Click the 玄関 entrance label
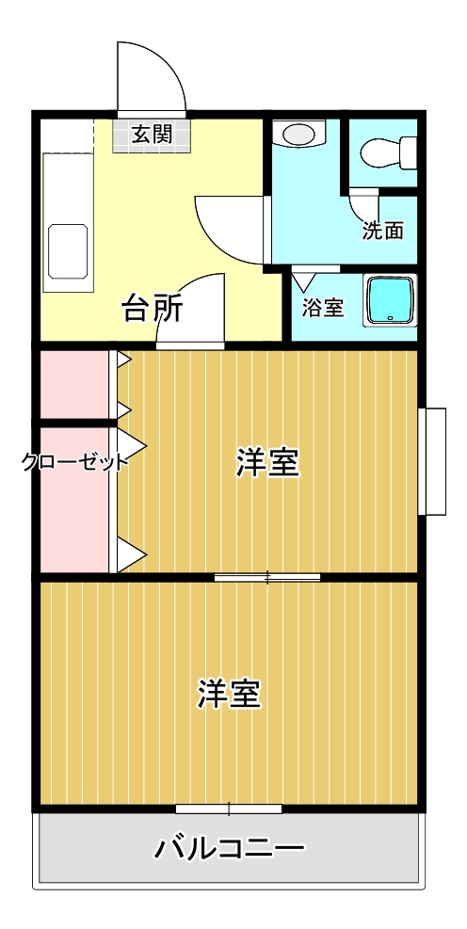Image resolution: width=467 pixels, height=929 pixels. [x=152, y=136]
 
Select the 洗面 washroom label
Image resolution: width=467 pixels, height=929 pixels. [x=383, y=231]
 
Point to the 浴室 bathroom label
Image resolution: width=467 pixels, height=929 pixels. [x=323, y=308]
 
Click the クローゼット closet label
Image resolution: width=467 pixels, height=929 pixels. [x=74, y=461]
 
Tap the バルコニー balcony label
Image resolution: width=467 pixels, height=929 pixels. [x=229, y=848]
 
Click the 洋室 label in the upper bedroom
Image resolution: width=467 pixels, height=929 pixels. [x=267, y=463]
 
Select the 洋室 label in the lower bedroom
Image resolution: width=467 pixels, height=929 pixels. [x=229, y=694]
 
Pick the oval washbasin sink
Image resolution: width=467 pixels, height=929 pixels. [x=300, y=133]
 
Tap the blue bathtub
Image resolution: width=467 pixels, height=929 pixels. [x=391, y=300]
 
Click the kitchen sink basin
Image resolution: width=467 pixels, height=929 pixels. [x=68, y=250]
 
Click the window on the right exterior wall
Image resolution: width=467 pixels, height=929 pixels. [x=432, y=461]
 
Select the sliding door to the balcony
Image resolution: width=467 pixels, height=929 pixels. [x=229, y=809]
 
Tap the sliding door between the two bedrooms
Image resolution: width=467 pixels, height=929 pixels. [x=267, y=576]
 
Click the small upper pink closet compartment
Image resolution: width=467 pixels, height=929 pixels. [x=74, y=385]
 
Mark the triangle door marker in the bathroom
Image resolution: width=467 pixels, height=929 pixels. [x=304, y=280]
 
